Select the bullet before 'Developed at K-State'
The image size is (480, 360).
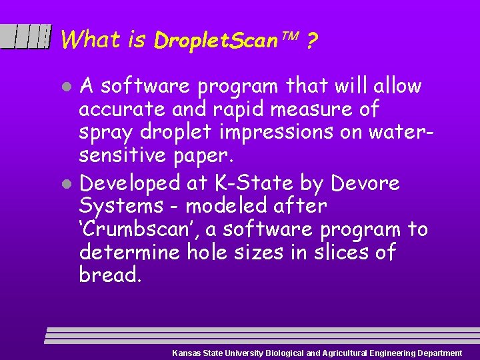[x=67, y=183]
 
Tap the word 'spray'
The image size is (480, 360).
[x=107, y=132]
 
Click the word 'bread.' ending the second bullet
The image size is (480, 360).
[x=111, y=275]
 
